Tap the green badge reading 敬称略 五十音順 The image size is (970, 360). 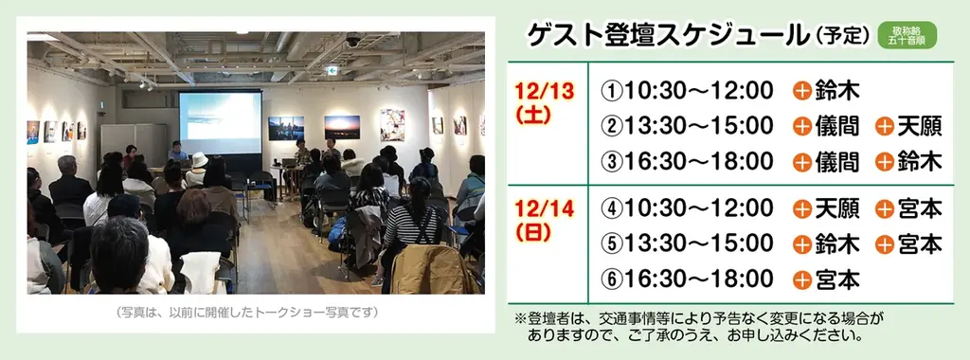tap(907, 36)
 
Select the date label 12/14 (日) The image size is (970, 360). tap(545, 220)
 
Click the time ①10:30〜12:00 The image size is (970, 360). tap(688, 91)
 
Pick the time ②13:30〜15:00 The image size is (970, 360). tap(688, 126)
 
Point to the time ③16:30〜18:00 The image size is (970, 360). tap(688, 161)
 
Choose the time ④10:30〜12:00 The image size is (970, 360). tap(688, 207)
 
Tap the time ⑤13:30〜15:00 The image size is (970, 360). tap(688, 243)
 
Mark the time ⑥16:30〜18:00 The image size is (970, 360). tap(688, 279)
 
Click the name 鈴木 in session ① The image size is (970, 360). tap(836, 91)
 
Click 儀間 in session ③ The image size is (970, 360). tap(836, 161)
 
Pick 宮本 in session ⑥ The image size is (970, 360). tap(836, 279)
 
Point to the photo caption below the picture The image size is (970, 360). tap(246, 312)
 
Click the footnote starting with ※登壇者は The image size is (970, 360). tap(701, 327)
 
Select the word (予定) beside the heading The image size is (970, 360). tap(842, 37)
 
